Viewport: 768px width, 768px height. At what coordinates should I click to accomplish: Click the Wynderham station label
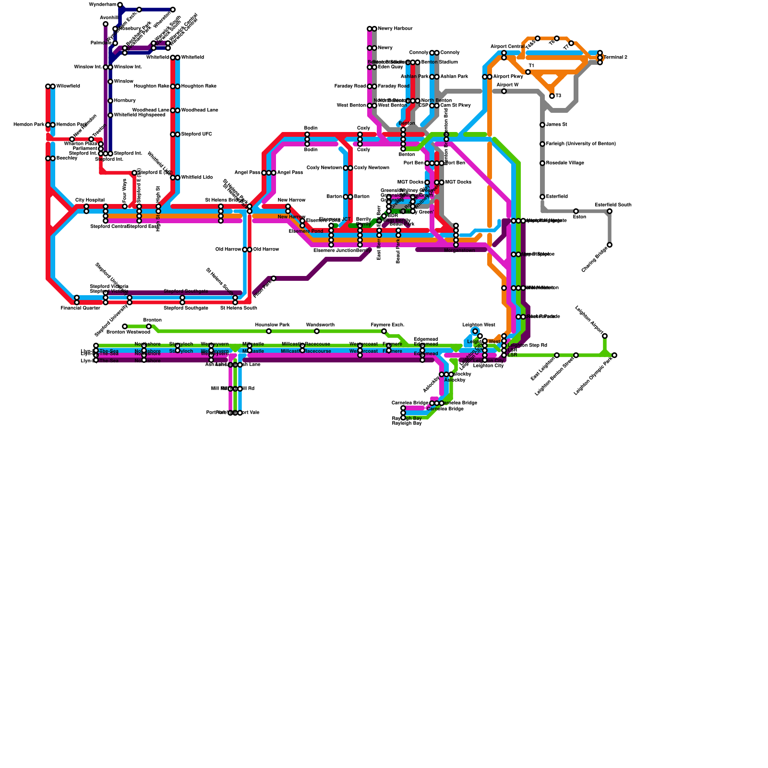(x=103, y=5)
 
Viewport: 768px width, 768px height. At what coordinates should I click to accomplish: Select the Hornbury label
(x=125, y=101)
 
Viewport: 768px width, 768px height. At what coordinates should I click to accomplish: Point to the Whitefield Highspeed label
(x=139, y=115)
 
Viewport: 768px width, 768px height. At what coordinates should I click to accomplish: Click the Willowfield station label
(x=68, y=86)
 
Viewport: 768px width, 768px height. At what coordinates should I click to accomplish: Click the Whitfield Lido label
(x=197, y=178)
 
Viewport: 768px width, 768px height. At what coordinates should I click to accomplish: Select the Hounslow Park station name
(x=272, y=325)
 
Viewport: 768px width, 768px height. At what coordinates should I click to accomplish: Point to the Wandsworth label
(x=320, y=325)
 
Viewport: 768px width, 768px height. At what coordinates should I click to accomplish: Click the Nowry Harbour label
(x=395, y=29)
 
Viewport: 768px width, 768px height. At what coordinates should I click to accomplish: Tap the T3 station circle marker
(x=552, y=96)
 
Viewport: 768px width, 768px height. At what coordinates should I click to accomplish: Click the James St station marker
(x=542, y=125)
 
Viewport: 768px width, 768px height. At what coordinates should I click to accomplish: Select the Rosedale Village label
(x=565, y=163)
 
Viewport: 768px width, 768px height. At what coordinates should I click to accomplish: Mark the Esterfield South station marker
(x=610, y=211)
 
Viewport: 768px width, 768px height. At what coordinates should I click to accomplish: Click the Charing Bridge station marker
(x=610, y=245)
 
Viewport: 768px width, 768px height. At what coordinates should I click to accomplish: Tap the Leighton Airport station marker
(x=605, y=336)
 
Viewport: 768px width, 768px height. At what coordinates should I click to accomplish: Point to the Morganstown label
(x=459, y=251)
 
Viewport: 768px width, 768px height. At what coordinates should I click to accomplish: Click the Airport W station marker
(x=504, y=91)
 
